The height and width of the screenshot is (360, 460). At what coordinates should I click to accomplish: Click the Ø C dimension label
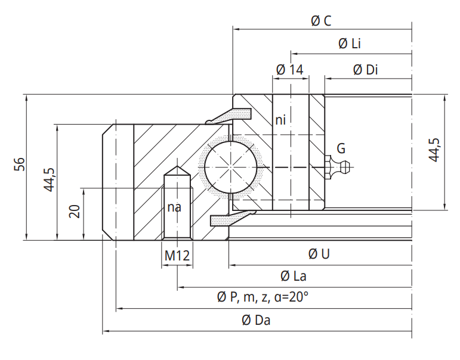321,21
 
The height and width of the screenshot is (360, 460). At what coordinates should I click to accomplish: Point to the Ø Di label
365,70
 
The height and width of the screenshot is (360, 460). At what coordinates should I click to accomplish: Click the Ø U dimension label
319,255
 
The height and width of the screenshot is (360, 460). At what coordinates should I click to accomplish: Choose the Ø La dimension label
294,277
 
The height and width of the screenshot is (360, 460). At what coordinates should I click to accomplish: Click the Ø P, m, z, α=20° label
263,297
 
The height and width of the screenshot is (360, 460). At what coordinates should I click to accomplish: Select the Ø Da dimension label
257,320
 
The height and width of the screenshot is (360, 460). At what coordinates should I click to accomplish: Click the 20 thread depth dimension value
75,210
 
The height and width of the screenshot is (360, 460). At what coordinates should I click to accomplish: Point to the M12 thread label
177,256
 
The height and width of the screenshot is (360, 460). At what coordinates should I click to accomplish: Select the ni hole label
280,120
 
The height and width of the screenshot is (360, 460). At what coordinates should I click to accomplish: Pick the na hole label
174,207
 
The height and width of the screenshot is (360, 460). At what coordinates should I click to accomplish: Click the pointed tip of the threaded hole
177,168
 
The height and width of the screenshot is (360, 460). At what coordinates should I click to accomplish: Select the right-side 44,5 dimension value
434,150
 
